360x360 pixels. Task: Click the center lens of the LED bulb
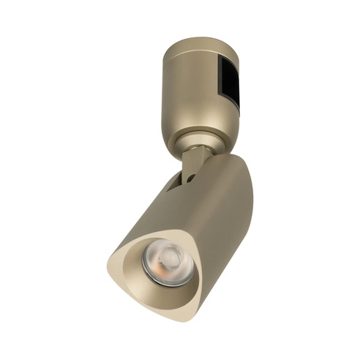coord(168,259)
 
